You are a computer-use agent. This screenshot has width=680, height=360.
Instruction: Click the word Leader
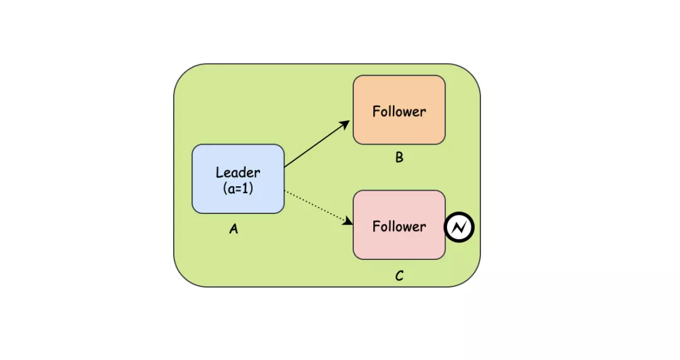(x=238, y=172)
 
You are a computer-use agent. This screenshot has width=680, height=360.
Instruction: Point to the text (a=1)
(x=238, y=188)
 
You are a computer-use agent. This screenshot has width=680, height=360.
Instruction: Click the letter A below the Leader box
(x=234, y=230)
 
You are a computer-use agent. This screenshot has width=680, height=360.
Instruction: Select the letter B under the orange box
(x=399, y=157)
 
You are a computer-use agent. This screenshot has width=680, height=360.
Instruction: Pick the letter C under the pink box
(x=399, y=276)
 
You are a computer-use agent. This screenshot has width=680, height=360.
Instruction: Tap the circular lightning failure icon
(x=459, y=227)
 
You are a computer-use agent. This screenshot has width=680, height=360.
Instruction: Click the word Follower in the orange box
(x=399, y=112)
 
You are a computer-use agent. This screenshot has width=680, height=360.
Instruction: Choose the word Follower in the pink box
(x=399, y=227)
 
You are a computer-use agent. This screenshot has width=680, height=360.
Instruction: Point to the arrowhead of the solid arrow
(x=347, y=122)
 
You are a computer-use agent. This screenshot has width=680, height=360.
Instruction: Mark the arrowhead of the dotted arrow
(x=348, y=221)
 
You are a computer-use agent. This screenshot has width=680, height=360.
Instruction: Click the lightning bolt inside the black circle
(x=459, y=227)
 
